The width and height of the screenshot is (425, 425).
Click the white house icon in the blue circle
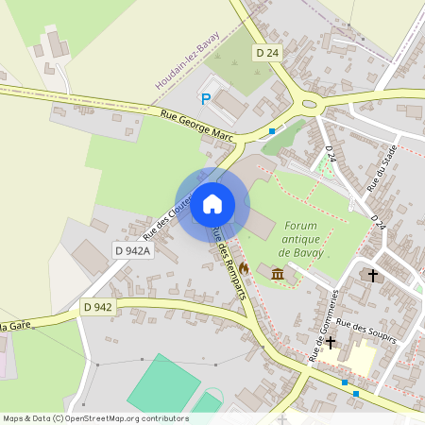(x=212, y=204)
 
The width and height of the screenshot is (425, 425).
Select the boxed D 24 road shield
(x=267, y=54)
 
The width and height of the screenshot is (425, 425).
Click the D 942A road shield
(x=132, y=250)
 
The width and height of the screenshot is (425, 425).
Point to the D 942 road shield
(x=97, y=307)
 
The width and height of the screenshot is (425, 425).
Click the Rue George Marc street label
(x=196, y=124)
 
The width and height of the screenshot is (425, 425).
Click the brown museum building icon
(x=278, y=274)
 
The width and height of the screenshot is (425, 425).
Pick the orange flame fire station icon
(x=244, y=268)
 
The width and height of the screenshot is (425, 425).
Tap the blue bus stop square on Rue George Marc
(x=272, y=130)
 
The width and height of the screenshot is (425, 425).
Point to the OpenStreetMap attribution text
(x=95, y=417)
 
